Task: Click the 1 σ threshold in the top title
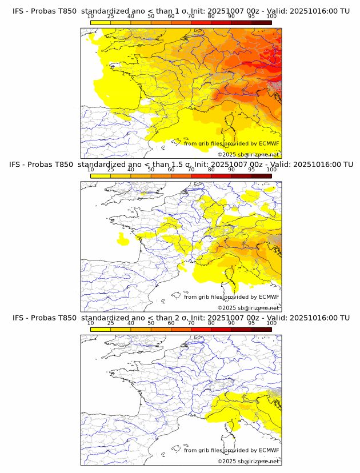click(x=177, y=11)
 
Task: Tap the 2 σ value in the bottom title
click(x=177, y=318)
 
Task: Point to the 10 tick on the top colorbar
click(x=91, y=17)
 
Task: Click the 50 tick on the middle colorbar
click(x=151, y=170)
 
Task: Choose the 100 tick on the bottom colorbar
click(x=271, y=323)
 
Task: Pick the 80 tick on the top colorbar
click(x=211, y=17)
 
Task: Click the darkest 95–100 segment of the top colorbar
click(x=261, y=22)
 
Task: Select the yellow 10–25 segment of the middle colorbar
click(x=101, y=175)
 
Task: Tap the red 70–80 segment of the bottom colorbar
click(x=201, y=329)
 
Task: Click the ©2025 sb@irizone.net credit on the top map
click(x=248, y=154)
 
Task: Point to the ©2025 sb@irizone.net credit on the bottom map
click(x=248, y=461)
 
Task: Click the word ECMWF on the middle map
click(x=269, y=296)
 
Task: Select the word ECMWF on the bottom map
click(x=269, y=450)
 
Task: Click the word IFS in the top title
click(x=18, y=11)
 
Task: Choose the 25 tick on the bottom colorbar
click(x=111, y=323)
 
